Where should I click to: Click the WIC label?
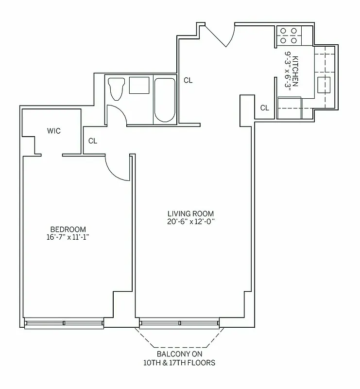[54, 131]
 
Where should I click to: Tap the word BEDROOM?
[69, 230]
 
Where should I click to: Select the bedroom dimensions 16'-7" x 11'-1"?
[69, 237]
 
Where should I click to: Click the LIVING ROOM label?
[190, 213]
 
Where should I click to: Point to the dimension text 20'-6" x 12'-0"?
[190, 221]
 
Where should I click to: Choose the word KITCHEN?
[295, 71]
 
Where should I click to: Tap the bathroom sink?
[139, 85]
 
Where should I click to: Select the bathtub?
[165, 99]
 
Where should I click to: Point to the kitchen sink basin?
[324, 85]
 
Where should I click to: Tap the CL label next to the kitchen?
[264, 108]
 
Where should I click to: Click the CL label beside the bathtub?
[188, 81]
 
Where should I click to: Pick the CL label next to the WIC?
[93, 141]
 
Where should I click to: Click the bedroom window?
[64, 323]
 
